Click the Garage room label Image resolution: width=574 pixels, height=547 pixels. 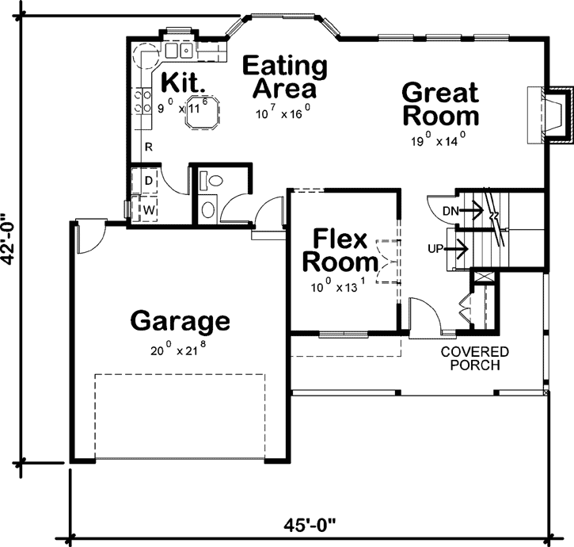coord(180,322)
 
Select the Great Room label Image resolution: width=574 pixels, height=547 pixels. coord(440,104)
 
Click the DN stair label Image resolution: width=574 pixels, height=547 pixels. coord(450,211)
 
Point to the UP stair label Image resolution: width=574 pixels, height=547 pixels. coord(435,249)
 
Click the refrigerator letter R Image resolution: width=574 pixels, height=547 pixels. coord(147,147)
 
